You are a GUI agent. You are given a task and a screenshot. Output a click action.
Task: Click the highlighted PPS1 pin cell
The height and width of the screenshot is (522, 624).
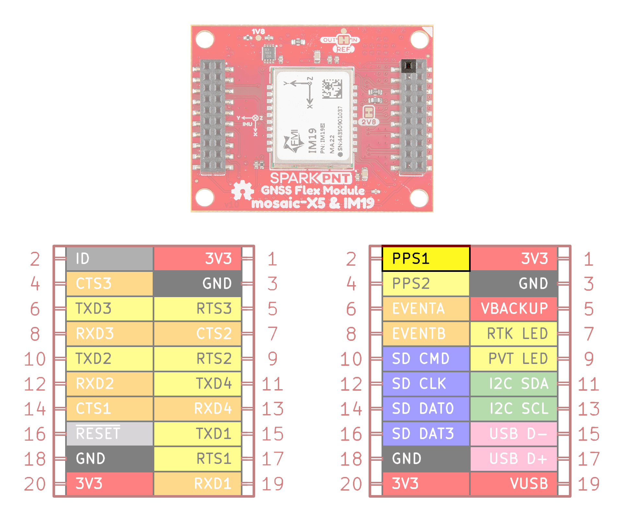426,259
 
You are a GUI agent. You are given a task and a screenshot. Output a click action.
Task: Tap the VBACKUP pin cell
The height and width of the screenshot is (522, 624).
514,308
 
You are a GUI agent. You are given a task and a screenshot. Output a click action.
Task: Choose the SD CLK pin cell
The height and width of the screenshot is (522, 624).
426,384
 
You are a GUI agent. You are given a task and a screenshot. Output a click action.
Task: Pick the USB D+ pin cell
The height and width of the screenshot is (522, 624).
514,459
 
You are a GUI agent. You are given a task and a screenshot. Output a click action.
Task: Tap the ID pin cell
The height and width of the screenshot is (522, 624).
110,259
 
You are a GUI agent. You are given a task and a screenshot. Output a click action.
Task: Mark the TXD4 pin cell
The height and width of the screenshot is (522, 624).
197,384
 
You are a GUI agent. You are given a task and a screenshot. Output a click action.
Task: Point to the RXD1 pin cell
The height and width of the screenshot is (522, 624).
197,484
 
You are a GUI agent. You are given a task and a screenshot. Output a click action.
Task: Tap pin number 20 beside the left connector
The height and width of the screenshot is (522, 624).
35,484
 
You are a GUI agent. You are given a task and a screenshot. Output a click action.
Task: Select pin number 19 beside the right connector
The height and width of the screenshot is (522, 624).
589,484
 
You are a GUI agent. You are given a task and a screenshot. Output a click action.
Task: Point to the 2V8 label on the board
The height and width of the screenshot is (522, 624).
369,122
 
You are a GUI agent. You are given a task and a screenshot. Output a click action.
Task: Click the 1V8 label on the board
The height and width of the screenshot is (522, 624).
258,31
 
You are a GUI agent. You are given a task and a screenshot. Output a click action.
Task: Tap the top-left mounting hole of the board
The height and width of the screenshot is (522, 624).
205,39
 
